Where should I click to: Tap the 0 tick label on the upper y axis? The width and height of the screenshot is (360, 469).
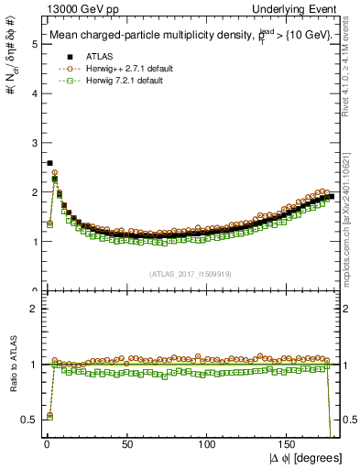(27, 291)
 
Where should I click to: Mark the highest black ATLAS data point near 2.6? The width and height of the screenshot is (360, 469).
(49, 163)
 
